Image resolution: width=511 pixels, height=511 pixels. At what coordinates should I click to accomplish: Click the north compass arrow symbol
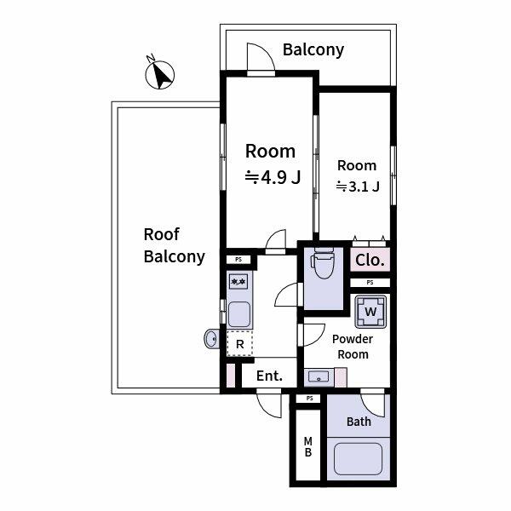coord(159,75)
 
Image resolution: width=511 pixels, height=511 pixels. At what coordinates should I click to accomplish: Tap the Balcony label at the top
coord(313,49)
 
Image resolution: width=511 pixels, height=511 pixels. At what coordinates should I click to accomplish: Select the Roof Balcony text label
coord(174,245)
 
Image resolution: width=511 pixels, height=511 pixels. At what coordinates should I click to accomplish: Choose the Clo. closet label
coord(370,261)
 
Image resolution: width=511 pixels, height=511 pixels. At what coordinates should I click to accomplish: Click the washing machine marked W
coord(370,311)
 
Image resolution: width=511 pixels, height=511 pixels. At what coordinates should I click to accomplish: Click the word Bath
coord(359,422)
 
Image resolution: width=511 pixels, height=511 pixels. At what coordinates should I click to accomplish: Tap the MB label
coord(307,446)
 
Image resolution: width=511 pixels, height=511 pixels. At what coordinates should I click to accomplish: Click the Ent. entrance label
coord(269,376)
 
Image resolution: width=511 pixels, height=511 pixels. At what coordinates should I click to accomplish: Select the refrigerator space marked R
coord(240,344)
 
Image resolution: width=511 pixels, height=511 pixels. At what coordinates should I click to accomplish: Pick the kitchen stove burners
coord(238,281)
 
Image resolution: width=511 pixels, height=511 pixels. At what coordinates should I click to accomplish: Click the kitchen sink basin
coord(239,314)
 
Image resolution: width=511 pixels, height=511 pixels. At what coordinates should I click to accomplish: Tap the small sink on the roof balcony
coord(211,339)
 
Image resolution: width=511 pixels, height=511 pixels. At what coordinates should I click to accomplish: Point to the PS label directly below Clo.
coord(370,283)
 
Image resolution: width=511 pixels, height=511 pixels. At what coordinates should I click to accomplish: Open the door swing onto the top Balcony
coord(260,60)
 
